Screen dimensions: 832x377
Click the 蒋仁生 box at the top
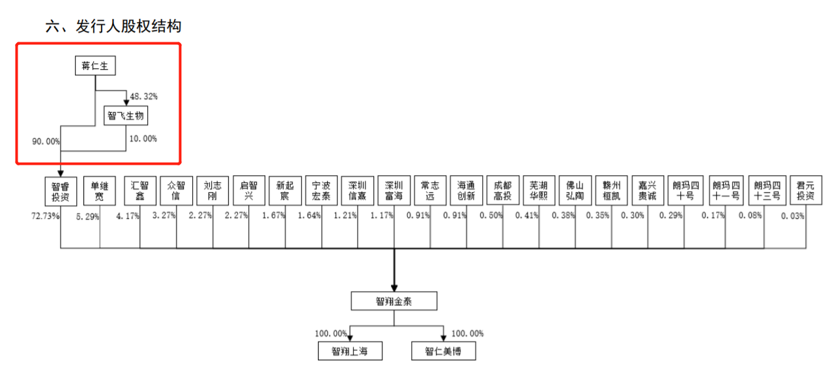(x=95, y=66)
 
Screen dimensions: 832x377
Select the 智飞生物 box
(x=126, y=115)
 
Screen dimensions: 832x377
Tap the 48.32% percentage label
(x=144, y=96)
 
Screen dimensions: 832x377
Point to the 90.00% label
(x=46, y=141)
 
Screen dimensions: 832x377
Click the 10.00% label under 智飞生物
(x=143, y=139)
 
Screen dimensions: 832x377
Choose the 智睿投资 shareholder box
(x=61, y=191)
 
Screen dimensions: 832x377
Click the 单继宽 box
(x=100, y=191)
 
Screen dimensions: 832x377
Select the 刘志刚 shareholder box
(x=212, y=190)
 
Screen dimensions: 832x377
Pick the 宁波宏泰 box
(x=321, y=190)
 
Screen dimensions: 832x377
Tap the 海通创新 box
(x=466, y=190)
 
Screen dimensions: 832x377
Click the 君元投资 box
(x=806, y=190)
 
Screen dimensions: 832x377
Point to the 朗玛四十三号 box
(x=767, y=190)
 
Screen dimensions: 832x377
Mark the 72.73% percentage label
(x=46, y=216)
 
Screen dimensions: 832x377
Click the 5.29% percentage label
(x=88, y=217)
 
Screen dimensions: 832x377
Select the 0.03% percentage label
(x=793, y=216)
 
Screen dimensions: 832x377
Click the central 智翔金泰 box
(x=394, y=301)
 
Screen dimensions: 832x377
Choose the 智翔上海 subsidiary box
(x=350, y=351)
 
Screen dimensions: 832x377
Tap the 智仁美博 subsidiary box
(x=444, y=351)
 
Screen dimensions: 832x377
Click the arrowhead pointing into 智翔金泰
(x=394, y=288)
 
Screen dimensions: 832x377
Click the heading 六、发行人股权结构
(x=113, y=26)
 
